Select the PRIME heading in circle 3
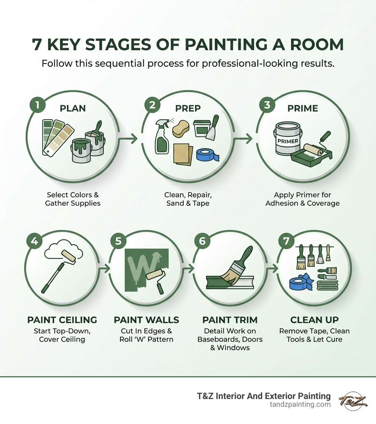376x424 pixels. tap(303, 109)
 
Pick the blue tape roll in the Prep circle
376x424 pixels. tap(207, 155)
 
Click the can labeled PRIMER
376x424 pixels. tap(288, 139)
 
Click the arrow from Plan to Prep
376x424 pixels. tap(129, 139)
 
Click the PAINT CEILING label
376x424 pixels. tap(62, 320)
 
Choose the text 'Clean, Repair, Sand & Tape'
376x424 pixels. tap(188, 199)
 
